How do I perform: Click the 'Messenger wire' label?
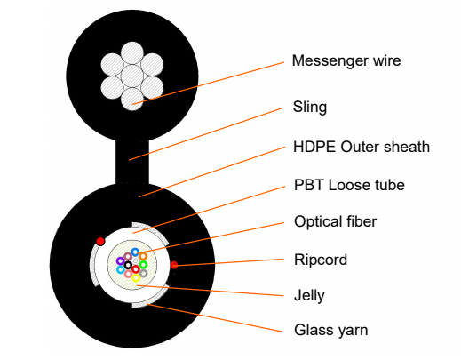(346, 61)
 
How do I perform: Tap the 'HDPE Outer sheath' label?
(361, 147)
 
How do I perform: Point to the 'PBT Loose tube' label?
(348, 185)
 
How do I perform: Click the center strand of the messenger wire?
(132, 76)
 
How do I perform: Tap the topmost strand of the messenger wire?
(132, 52)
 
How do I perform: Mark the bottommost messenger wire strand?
(132, 99)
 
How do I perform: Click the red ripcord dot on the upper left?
(100, 241)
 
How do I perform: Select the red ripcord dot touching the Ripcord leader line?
(174, 265)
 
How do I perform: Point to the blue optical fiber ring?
(135, 252)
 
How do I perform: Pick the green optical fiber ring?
(143, 264)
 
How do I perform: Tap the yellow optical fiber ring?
(136, 277)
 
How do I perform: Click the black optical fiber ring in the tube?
(128, 265)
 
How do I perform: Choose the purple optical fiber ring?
(120, 261)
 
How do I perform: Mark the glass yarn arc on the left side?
(94, 267)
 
